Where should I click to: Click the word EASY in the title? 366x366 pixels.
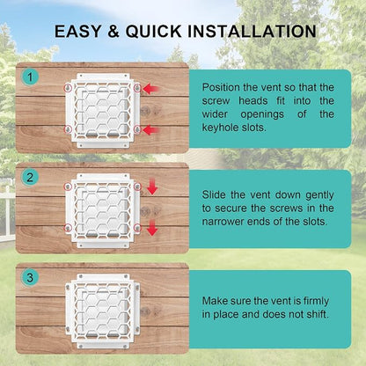pyautogui.click(x=77, y=32)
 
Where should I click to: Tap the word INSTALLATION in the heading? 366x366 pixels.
pyautogui.click(x=252, y=32)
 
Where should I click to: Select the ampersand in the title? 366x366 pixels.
pyautogui.click(x=113, y=32)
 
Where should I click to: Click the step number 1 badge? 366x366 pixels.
pyautogui.click(x=30, y=77)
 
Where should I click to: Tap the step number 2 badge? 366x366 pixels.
pyautogui.click(x=30, y=178)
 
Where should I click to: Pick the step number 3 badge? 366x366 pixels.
pyautogui.click(x=30, y=277)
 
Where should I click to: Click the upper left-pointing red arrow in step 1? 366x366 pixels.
pyautogui.click(x=151, y=88)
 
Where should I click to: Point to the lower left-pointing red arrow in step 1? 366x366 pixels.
pyautogui.click(x=151, y=129)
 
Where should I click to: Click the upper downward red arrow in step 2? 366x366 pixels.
pyautogui.click(x=152, y=186)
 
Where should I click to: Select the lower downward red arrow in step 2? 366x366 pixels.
pyautogui.click(x=152, y=228)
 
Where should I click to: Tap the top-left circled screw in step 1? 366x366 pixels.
pyautogui.click(x=68, y=88)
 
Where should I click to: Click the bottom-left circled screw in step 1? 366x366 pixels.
pyautogui.click(x=68, y=129)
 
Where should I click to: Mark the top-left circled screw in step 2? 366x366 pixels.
pyautogui.click(x=68, y=187)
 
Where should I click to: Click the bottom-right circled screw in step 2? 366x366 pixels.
pyautogui.click(x=137, y=228)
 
